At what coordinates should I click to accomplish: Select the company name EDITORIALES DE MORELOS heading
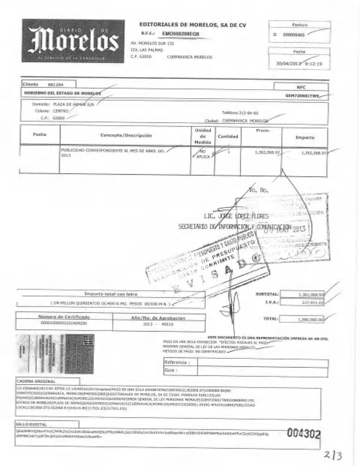[193, 25]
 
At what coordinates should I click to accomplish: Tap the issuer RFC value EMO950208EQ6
[181, 34]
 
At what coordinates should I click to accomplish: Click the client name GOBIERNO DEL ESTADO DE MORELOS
[62, 93]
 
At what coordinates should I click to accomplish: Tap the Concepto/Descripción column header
[126, 136]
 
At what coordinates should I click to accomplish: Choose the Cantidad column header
[228, 136]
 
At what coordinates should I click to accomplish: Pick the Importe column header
[305, 137]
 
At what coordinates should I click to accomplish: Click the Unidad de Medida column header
[203, 136]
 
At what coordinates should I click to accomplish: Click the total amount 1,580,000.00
[311, 319]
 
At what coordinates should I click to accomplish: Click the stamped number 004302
[303, 433]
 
